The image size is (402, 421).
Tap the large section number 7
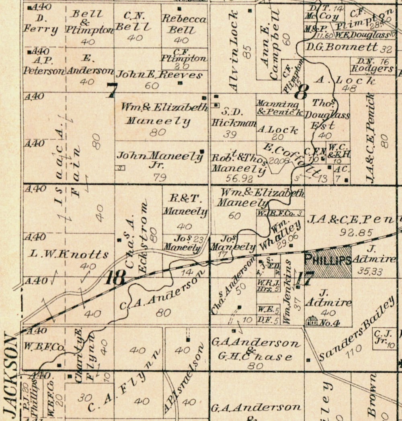[111, 90]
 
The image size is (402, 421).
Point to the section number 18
[115, 278]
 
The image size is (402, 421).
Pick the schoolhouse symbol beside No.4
[312, 320]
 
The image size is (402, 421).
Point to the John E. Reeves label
[159, 74]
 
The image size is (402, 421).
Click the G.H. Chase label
[256, 356]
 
